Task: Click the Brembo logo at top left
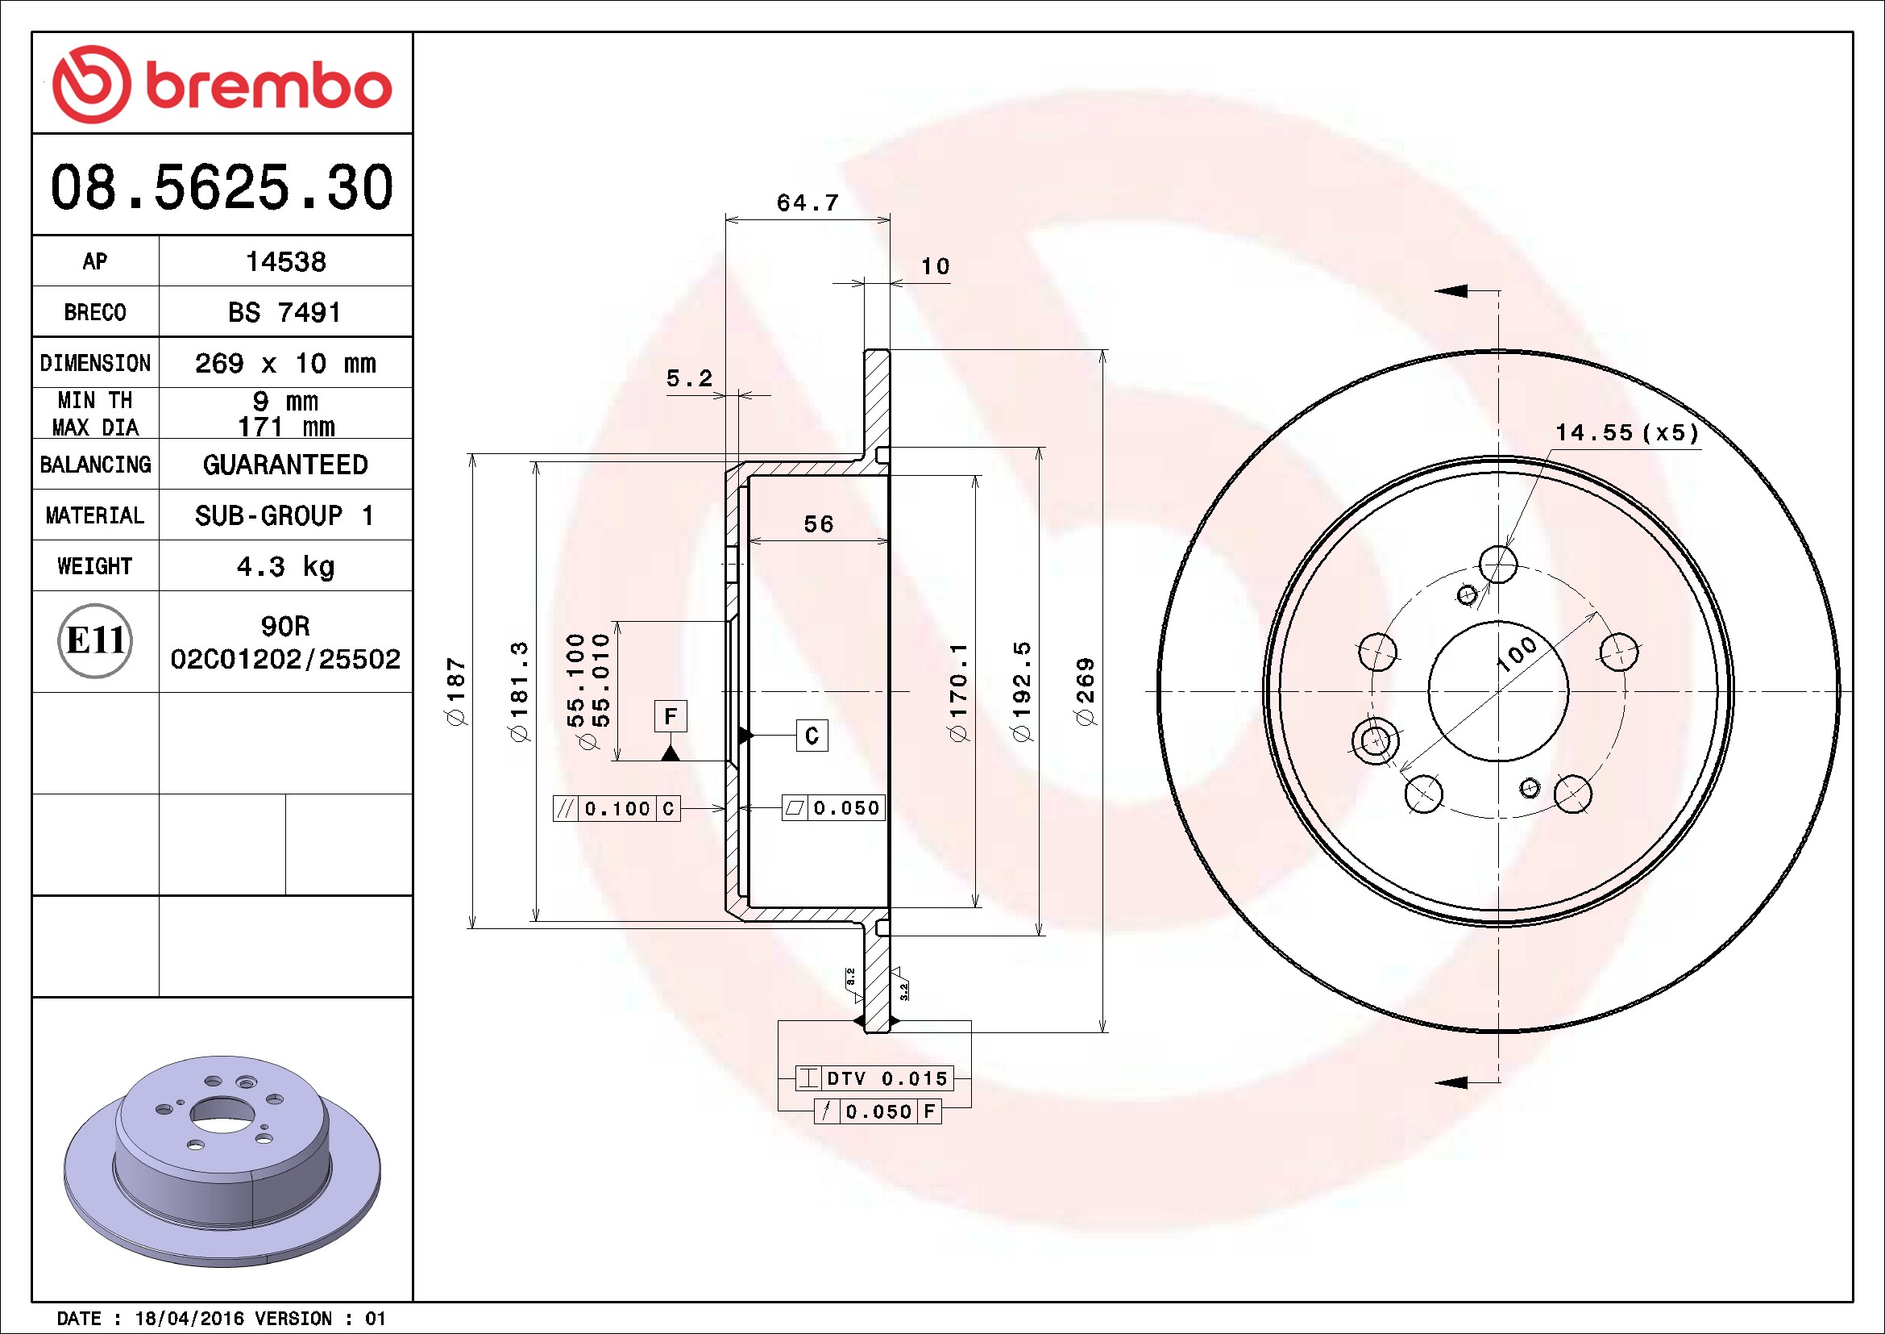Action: [222, 85]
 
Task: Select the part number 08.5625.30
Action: [222, 186]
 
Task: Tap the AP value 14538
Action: [286, 261]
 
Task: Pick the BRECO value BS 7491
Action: [284, 312]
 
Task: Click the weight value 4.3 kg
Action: [286, 566]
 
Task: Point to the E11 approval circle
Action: [95, 640]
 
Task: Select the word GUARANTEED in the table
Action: [286, 465]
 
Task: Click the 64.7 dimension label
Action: [808, 203]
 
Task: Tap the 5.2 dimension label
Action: [690, 379]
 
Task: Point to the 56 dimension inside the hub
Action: [819, 524]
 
